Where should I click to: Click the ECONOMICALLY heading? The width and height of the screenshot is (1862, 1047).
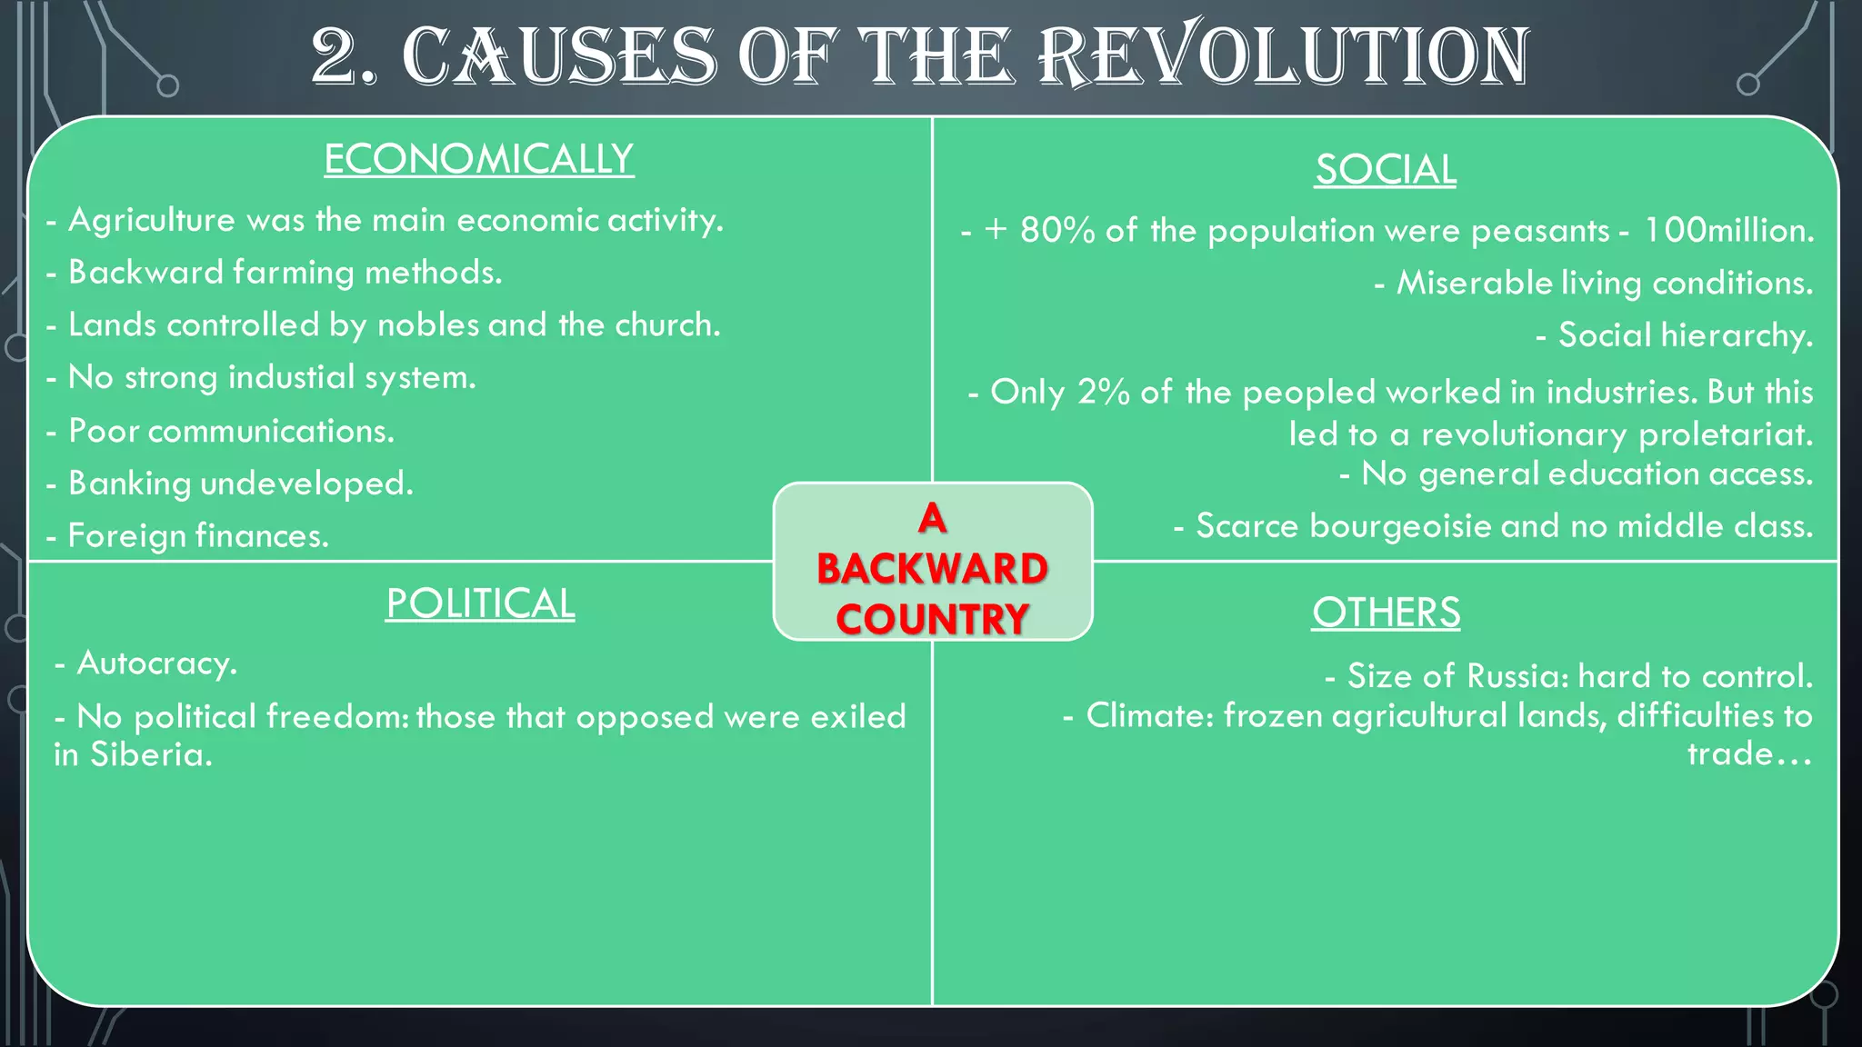pyautogui.click(x=478, y=159)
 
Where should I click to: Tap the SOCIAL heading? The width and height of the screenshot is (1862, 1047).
pyautogui.click(x=1386, y=170)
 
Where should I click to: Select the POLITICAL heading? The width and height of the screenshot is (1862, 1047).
pyautogui.click(x=480, y=603)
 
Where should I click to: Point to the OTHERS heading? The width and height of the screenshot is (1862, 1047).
pyautogui.click(x=1386, y=613)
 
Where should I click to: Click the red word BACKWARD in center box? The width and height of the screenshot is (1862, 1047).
pyautogui.click(x=932, y=569)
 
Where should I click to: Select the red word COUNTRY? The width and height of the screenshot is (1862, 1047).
pyautogui.click(x=932, y=620)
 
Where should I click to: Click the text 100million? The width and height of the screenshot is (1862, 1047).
pyautogui.click(x=1727, y=230)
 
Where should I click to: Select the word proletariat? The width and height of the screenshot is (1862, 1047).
pyautogui.click(x=1725, y=434)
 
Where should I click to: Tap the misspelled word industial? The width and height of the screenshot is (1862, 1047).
pyautogui.click(x=291, y=377)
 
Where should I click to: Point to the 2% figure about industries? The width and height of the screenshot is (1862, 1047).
pyautogui.click(x=1103, y=393)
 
